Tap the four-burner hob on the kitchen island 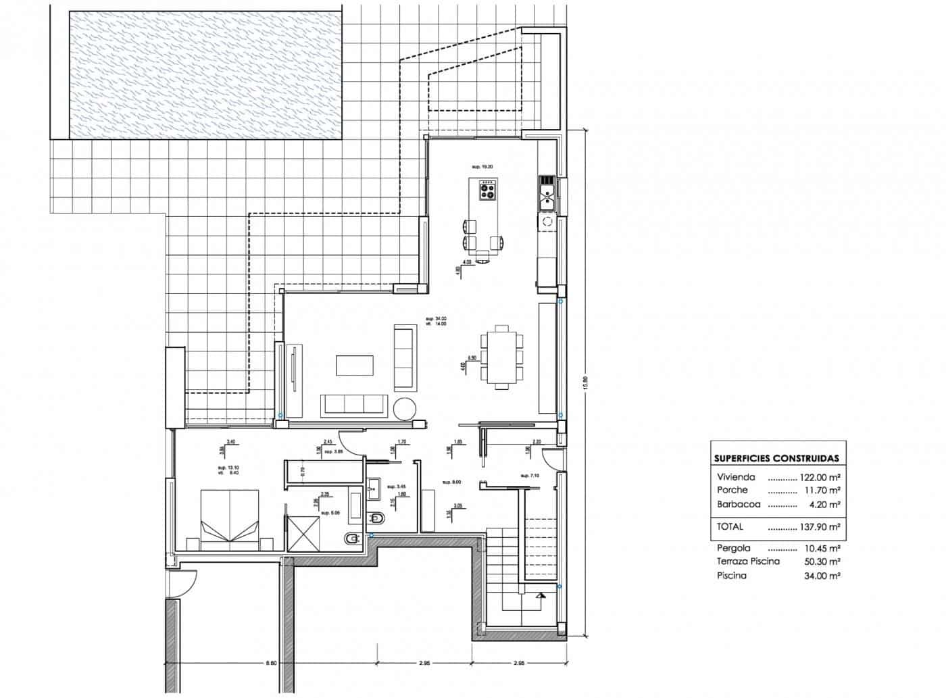pos(487,191)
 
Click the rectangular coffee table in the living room pos(354,365)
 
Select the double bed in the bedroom pos(230,517)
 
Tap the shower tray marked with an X pos(303,533)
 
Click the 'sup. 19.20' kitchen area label pos(483,166)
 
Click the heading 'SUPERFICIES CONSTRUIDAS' pos(776,458)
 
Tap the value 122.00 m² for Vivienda pos(820,476)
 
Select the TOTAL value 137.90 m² pos(820,527)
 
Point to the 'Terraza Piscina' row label pos(748,562)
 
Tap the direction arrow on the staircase pos(540,596)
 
